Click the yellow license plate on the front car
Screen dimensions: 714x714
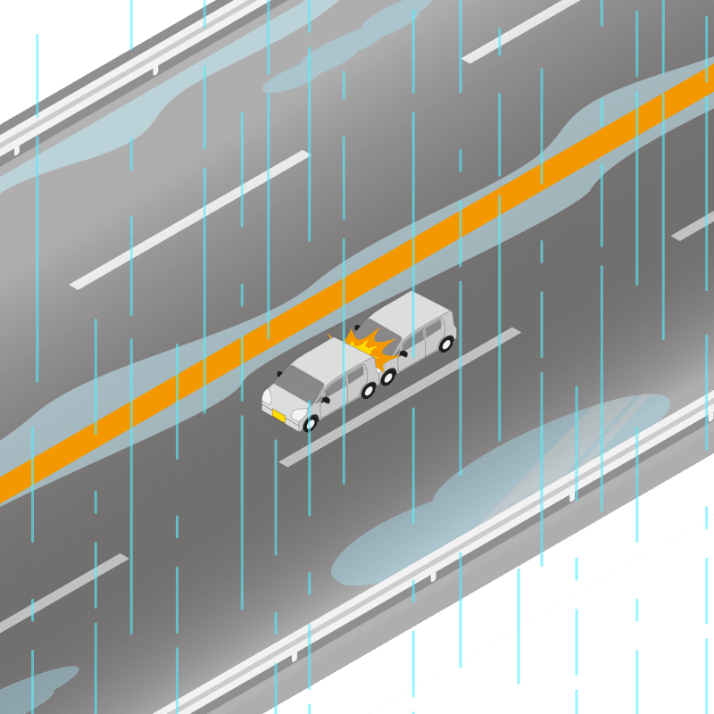278,416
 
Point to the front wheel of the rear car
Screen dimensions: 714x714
388,377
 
